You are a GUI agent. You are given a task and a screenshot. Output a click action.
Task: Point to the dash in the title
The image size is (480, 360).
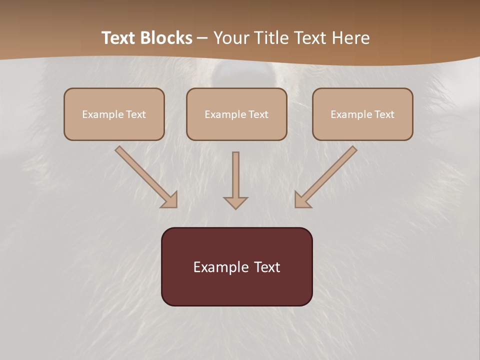pyautogui.click(x=202, y=38)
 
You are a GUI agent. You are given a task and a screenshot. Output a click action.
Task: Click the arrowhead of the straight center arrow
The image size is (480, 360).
pyautogui.click(x=235, y=202)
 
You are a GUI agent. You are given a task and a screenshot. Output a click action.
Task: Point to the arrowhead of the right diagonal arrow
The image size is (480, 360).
pyautogui.click(x=301, y=200)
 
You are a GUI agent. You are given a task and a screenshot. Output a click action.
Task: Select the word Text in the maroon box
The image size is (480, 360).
pyautogui.click(x=266, y=267)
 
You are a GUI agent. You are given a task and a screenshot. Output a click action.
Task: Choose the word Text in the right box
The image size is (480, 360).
pyautogui.click(x=384, y=114)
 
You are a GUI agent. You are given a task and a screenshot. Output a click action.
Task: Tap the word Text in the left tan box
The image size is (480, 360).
pyautogui.click(x=136, y=114)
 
